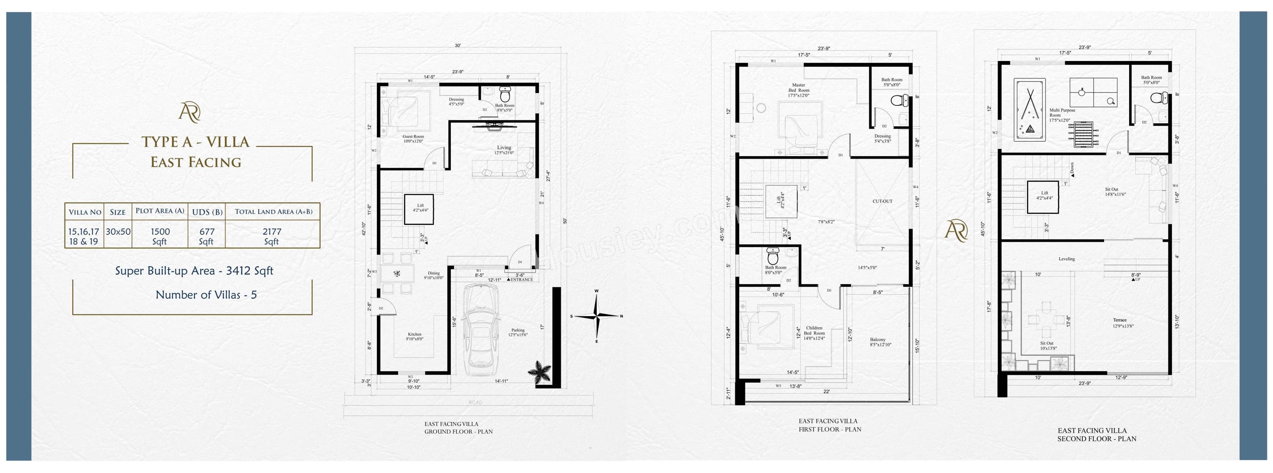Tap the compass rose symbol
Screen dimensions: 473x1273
tap(597, 316)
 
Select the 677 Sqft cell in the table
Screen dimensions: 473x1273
tap(207, 236)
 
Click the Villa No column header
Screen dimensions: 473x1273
tap(85, 212)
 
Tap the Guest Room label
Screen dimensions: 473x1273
tap(413, 139)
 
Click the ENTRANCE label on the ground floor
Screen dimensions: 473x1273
tap(521, 280)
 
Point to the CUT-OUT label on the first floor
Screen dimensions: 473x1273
tap(882, 201)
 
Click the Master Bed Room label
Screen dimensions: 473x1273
tap(799, 90)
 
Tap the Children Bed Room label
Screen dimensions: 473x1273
tap(814, 333)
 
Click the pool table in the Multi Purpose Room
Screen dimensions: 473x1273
tap(1030, 110)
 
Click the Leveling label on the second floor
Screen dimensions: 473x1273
tap(1066, 259)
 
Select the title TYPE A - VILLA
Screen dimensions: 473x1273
tap(196, 142)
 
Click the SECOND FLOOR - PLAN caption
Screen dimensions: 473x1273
tap(1097, 439)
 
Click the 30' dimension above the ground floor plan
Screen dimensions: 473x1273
tap(458, 45)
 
